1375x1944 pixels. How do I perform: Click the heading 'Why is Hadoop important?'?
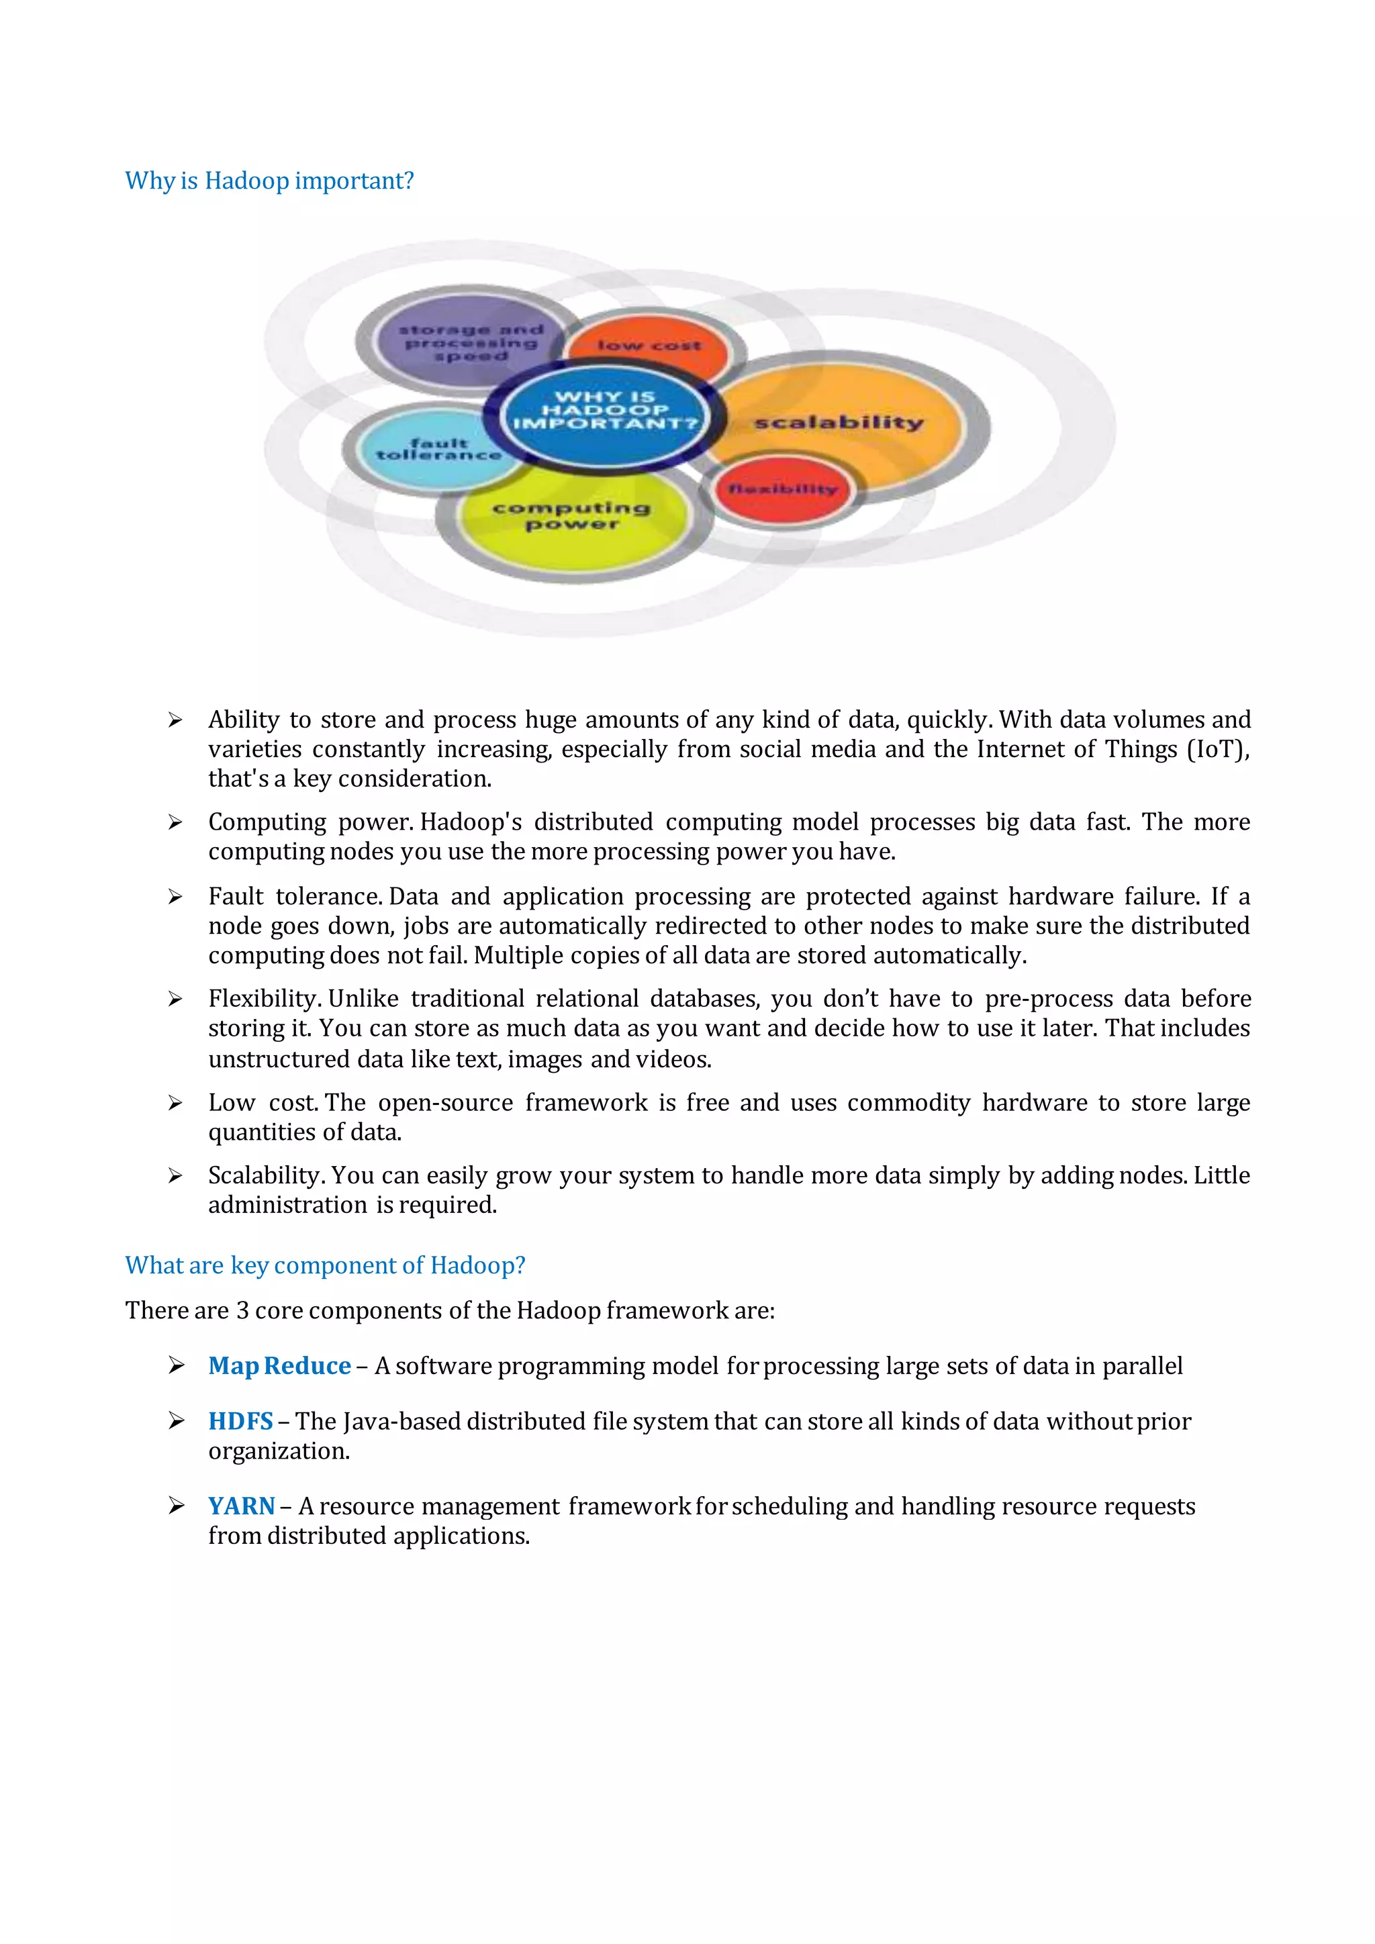click(269, 181)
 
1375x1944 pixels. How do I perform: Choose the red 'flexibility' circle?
click(782, 489)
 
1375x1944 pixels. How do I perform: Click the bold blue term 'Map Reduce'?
click(279, 1366)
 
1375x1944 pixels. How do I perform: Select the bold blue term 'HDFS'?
click(240, 1421)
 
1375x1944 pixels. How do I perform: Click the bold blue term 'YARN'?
click(241, 1506)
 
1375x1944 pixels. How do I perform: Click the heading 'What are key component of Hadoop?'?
click(325, 1265)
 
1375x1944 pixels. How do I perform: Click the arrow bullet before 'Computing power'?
click(175, 822)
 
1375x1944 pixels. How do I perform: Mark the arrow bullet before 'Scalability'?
click(175, 1175)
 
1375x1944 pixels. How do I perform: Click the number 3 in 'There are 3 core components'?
click(242, 1311)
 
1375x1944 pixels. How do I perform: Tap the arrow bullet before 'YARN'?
click(175, 1506)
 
